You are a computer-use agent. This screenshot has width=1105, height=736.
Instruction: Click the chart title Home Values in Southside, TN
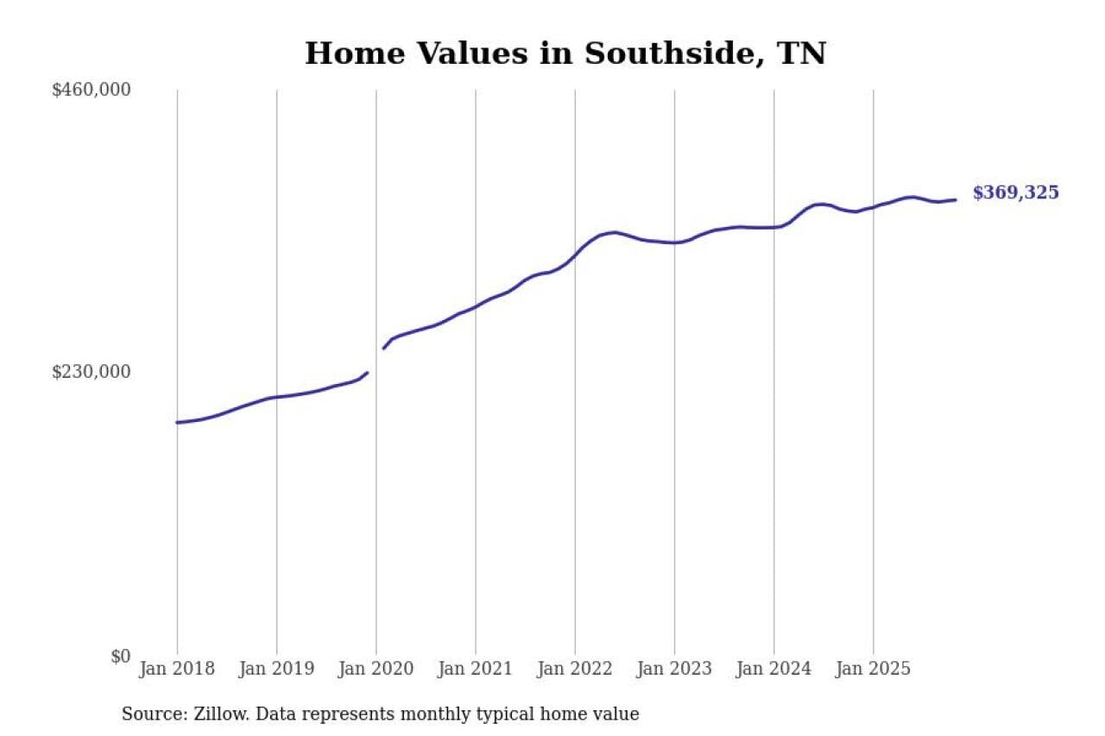tap(565, 53)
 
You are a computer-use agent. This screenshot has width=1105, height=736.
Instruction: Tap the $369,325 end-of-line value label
tap(1015, 193)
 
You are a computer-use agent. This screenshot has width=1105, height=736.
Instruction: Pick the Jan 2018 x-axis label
tap(177, 670)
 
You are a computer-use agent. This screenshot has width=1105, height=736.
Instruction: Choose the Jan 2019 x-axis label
tap(276, 670)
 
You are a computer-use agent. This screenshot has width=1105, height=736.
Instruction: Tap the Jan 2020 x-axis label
tap(376, 670)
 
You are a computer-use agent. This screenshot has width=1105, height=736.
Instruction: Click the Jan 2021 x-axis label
tap(475, 670)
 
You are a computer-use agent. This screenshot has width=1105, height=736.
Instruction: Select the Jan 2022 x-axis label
tap(575, 670)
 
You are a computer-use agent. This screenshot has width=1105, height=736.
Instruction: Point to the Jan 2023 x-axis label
tap(674, 670)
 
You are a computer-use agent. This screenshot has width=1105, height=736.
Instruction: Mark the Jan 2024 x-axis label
tap(773, 670)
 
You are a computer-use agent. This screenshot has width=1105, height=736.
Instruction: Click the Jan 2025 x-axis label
tap(873, 670)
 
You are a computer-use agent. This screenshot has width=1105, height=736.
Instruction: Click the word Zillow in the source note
tap(212, 714)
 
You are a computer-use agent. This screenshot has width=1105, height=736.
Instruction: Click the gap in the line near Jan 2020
tap(376, 361)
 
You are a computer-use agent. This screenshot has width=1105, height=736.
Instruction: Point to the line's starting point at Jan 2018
tap(177, 422)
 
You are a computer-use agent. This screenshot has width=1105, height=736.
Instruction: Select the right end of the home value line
tap(955, 200)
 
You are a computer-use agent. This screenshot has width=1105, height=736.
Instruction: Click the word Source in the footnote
tap(149, 714)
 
